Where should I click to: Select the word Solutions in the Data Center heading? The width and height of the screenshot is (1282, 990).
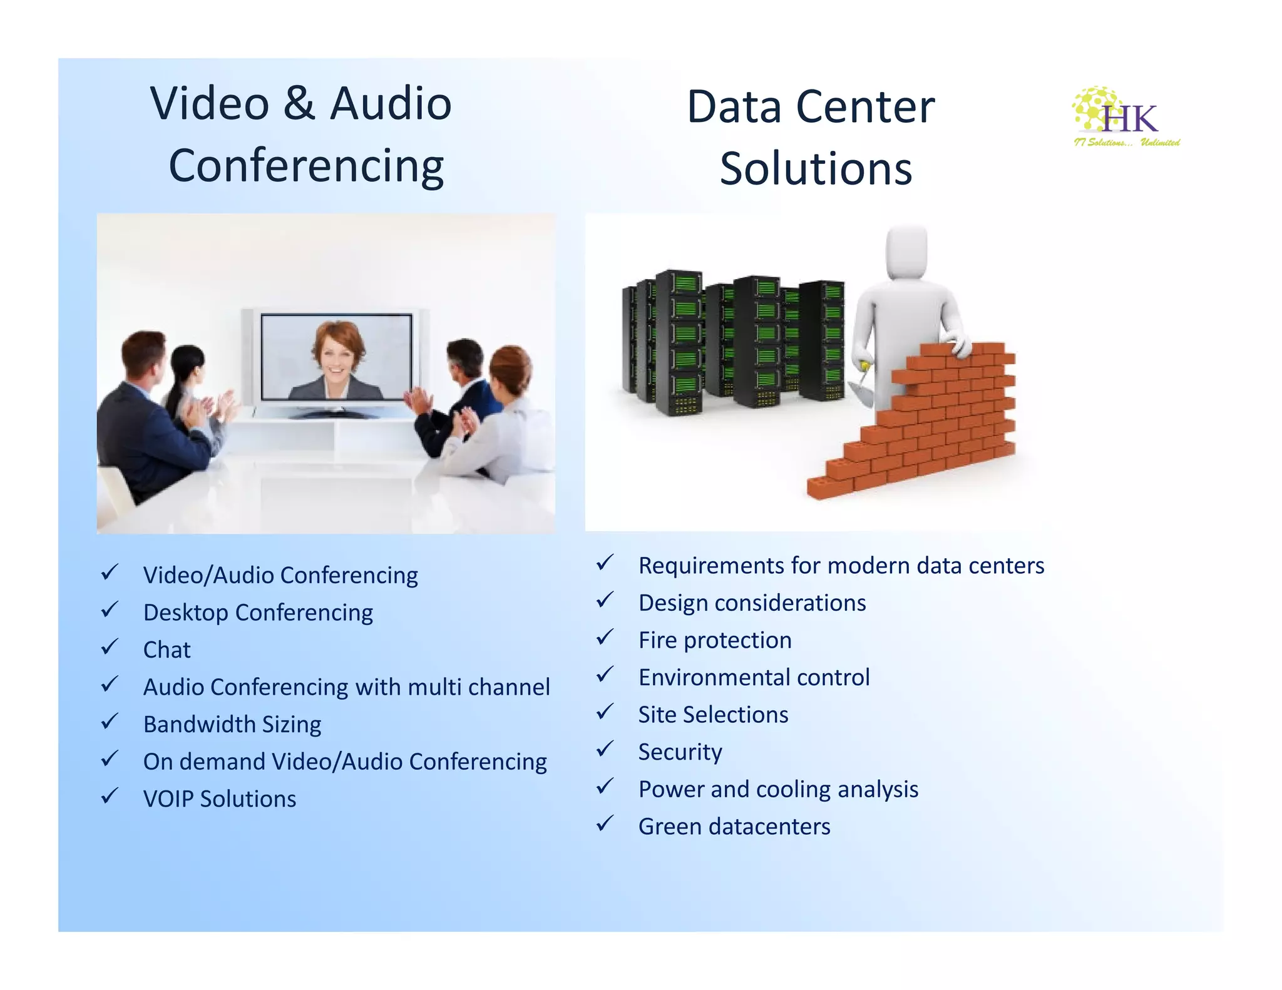(x=816, y=169)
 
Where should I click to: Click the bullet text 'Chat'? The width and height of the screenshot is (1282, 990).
(x=167, y=650)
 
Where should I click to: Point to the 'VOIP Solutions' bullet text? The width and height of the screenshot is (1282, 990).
(x=219, y=799)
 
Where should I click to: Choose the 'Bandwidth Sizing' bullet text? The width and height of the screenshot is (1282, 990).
(x=232, y=724)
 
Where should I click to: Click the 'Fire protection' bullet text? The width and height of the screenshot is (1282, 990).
(x=715, y=640)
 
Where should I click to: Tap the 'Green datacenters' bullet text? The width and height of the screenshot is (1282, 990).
(x=734, y=827)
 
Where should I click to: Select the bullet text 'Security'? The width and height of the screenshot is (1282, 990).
(x=680, y=752)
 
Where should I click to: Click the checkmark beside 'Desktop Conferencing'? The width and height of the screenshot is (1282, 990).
(x=110, y=610)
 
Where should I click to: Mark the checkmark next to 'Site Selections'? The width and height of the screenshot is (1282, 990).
(x=605, y=712)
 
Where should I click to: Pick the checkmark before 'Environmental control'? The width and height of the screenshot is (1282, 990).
(x=605, y=675)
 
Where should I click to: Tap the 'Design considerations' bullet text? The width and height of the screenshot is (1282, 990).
(x=752, y=603)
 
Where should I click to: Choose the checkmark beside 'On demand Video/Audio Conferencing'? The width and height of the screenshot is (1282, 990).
(x=110, y=759)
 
